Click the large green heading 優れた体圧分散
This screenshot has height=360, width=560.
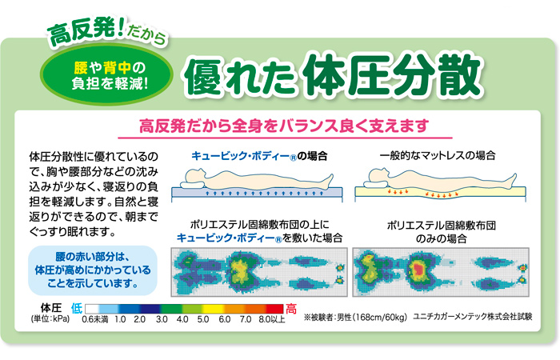click(334, 76)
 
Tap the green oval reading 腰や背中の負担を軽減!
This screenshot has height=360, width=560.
click(106, 74)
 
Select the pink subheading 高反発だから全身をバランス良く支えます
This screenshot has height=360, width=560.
click(284, 126)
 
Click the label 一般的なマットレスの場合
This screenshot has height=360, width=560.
click(438, 155)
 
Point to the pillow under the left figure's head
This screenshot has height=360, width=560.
click(193, 185)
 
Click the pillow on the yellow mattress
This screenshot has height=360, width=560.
click(376, 184)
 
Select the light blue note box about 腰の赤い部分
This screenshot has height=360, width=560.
click(93, 270)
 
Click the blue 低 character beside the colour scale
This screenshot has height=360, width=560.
click(77, 308)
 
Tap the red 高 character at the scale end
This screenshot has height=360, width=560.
click(291, 309)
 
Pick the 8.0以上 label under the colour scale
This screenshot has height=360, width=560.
click(272, 319)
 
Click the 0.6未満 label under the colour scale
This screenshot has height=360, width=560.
click(95, 319)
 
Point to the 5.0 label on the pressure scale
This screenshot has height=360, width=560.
click(203, 319)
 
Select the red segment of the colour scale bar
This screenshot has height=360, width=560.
click(274, 309)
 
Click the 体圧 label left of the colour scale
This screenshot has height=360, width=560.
click(51, 308)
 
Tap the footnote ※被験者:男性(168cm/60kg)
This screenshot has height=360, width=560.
click(355, 317)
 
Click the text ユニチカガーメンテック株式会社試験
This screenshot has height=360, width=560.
click(473, 317)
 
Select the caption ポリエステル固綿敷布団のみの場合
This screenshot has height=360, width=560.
click(441, 232)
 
